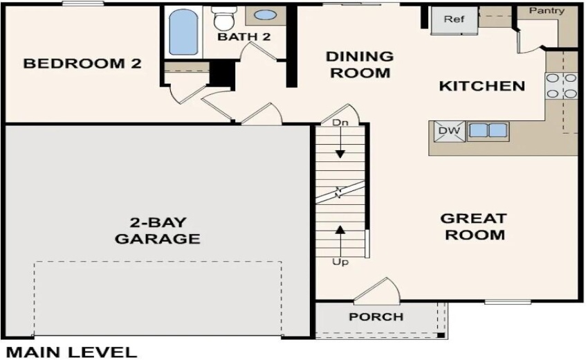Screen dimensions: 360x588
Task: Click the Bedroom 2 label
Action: coord(82,64)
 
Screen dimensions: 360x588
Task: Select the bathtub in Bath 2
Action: coord(183,32)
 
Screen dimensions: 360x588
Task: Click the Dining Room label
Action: coord(360,64)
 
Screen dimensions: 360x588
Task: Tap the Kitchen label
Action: coord(482,87)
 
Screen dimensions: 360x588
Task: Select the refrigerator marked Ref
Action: coord(454,20)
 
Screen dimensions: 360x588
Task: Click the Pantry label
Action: coord(546,10)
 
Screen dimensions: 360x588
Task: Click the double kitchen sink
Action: coord(488,130)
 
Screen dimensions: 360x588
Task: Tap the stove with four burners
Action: coord(562,86)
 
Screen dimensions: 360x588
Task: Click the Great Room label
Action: coord(474,226)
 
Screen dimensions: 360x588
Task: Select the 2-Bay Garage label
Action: coord(157,231)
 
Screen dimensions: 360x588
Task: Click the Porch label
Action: coord(376,317)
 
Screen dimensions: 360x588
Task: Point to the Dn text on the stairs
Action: coord(340,123)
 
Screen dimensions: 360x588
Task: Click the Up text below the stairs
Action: coord(340,262)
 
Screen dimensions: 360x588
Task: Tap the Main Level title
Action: coord(72,352)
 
